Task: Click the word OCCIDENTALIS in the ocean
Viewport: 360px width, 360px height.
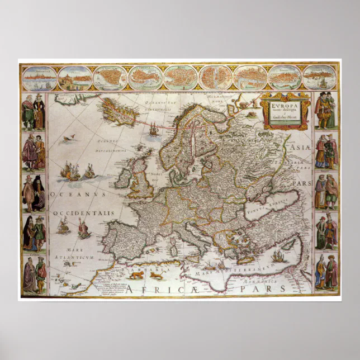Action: click(84, 213)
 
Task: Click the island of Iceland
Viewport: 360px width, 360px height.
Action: click(119, 111)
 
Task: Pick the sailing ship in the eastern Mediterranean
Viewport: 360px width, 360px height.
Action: click(278, 256)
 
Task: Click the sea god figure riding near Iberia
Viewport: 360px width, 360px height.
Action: click(84, 227)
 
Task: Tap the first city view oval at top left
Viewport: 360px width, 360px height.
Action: click(39, 78)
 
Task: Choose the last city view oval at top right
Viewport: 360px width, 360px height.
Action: click(320, 78)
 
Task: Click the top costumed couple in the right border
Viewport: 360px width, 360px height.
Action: click(326, 111)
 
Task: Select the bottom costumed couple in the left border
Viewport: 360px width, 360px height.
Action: click(34, 275)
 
